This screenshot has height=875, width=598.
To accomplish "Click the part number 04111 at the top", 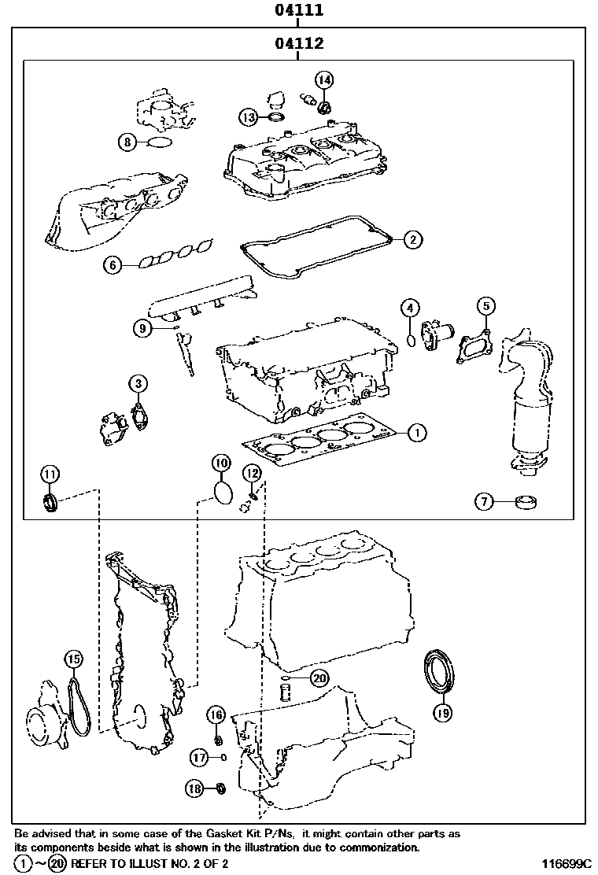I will [x=299, y=11].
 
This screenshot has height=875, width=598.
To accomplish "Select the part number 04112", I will [x=299, y=44].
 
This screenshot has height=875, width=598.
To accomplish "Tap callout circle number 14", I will [x=325, y=79].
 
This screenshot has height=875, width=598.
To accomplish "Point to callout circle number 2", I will [x=412, y=239].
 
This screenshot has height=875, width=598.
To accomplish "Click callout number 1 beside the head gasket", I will [x=417, y=431].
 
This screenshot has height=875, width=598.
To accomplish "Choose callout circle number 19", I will [x=442, y=713].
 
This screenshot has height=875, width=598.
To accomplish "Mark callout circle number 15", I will [x=72, y=659].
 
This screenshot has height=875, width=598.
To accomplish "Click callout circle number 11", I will [x=50, y=474].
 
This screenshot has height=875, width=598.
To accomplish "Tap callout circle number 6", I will [x=113, y=265].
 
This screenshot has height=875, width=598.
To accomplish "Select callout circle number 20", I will [x=319, y=677].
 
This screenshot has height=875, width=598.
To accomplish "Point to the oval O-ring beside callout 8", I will [x=160, y=142].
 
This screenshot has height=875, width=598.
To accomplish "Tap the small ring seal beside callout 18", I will [x=220, y=788].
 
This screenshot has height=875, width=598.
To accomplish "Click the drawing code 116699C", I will [x=565, y=863].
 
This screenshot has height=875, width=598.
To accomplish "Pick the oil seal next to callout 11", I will [x=51, y=501].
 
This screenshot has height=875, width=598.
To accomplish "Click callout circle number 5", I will [x=485, y=306].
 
